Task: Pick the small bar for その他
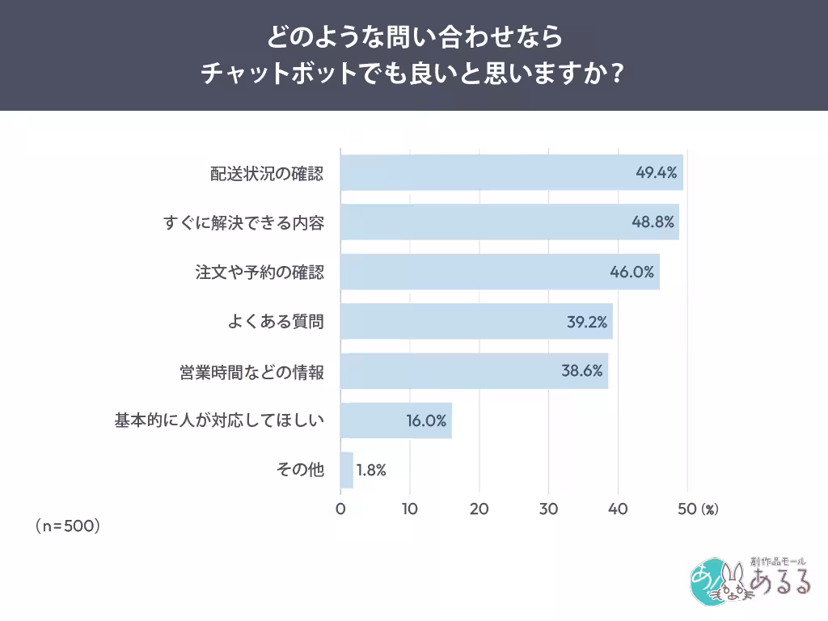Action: (x=347, y=470)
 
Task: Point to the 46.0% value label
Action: (x=632, y=272)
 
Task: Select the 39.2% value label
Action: (x=586, y=322)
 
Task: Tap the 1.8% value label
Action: (x=370, y=470)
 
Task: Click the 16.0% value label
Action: (x=426, y=420)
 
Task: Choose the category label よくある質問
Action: (x=276, y=322)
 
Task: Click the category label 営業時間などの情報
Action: (x=251, y=372)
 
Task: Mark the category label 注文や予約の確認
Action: (x=260, y=272)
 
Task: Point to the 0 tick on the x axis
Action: (x=340, y=509)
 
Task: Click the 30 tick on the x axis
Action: (x=549, y=509)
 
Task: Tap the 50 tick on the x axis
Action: (x=687, y=509)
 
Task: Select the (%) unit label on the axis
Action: (x=709, y=509)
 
